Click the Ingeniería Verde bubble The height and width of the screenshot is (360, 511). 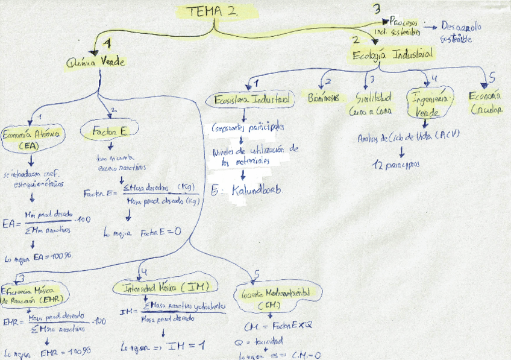point(428,103)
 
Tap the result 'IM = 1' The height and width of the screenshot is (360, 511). point(187,346)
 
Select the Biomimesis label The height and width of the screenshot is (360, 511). point(323,98)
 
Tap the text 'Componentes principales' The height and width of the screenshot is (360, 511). point(247,128)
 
